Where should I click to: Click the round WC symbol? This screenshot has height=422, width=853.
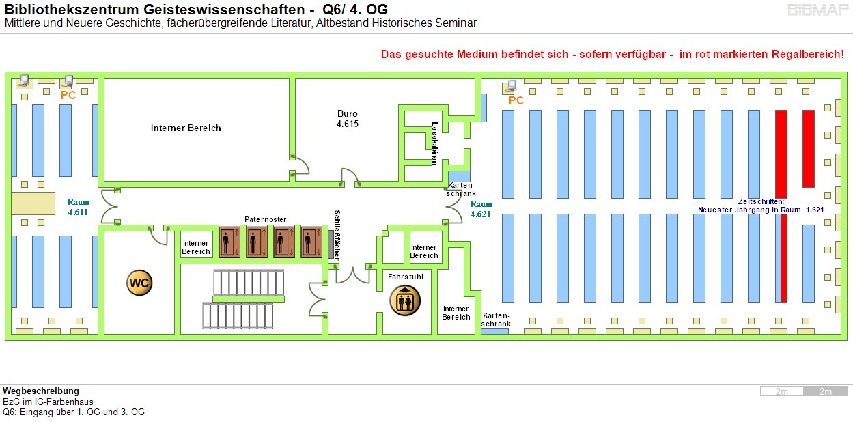tap(139, 283)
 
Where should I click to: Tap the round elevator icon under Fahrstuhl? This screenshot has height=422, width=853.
tap(405, 300)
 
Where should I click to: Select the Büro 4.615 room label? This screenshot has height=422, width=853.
tap(348, 119)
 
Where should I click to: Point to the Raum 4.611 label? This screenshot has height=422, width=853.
tap(79, 207)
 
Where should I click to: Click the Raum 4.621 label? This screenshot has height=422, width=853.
tap(481, 209)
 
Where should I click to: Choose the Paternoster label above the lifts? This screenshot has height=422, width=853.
tap(265, 219)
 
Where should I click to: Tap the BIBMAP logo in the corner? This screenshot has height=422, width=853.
tap(817, 10)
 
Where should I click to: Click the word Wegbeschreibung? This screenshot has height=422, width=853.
tap(41, 391)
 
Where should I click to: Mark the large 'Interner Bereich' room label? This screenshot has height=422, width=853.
tap(186, 128)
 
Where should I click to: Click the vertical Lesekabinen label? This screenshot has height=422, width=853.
tap(434, 143)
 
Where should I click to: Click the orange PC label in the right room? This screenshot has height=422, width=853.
tap(516, 100)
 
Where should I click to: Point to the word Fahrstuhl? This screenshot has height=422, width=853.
tap(405, 277)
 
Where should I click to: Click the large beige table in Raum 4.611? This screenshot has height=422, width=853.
tap(33, 203)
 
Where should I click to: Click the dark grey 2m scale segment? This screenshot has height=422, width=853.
tap(825, 391)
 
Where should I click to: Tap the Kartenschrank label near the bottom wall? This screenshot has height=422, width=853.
tap(496, 320)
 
